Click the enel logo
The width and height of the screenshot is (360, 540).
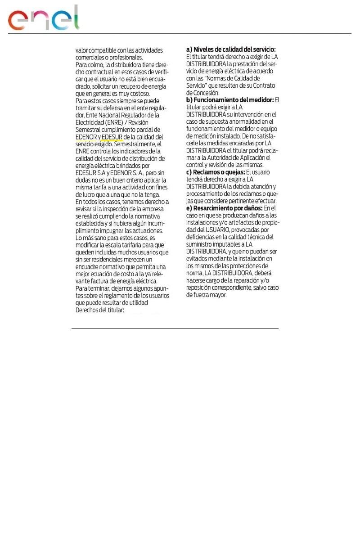tap(43, 19)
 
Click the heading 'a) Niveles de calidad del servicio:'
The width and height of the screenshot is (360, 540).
tap(231, 49)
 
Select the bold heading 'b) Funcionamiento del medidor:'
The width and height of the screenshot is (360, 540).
tap(229, 99)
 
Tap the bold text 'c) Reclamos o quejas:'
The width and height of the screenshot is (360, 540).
tap(215, 172)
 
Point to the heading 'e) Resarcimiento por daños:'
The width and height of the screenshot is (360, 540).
tap(225, 208)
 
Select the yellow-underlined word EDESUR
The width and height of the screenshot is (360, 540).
tap(112, 136)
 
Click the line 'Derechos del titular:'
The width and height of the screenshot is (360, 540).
tap(99, 310)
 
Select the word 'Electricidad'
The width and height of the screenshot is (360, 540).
tap(89, 122)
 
